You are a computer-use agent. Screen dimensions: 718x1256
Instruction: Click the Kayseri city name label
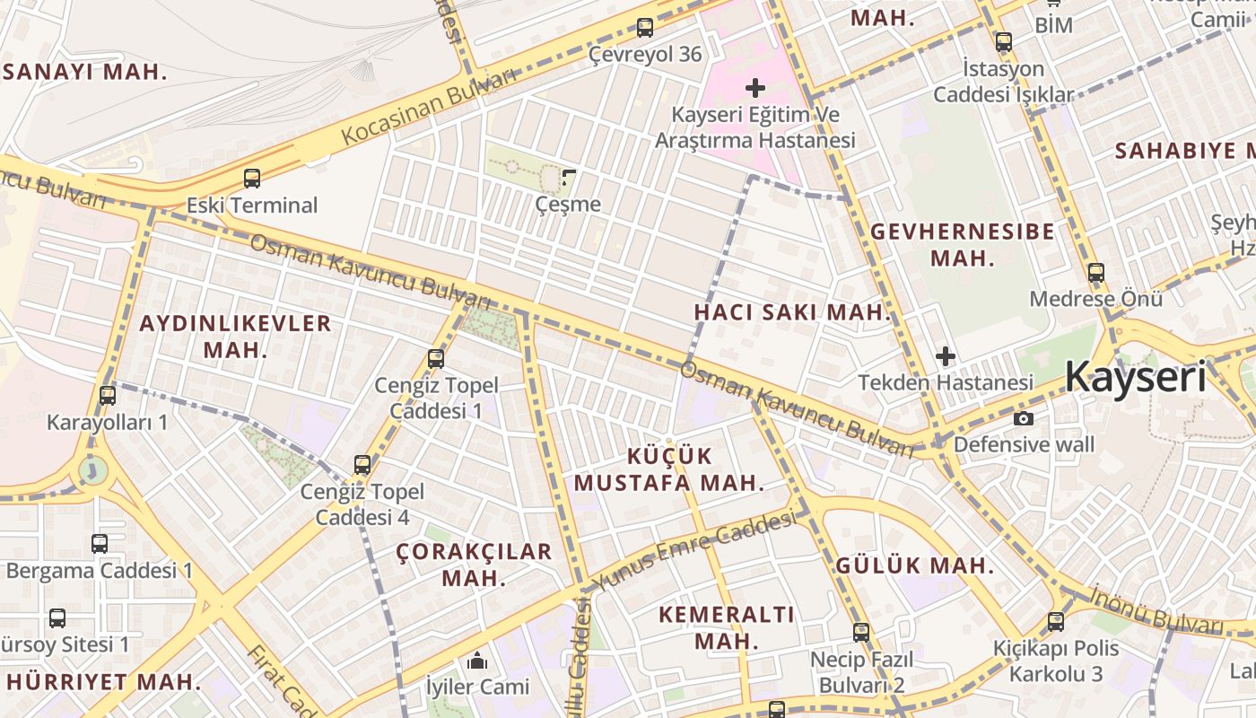point(1136,377)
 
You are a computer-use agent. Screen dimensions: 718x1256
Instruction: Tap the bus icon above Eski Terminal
point(252,178)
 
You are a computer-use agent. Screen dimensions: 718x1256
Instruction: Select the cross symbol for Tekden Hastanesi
point(945,356)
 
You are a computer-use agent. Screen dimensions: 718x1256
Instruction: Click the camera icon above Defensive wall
point(1023,418)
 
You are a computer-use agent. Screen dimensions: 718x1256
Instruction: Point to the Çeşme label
point(568,204)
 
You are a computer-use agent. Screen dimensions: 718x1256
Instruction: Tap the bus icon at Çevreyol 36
point(644,28)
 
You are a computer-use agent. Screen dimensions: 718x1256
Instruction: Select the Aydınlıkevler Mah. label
point(235,336)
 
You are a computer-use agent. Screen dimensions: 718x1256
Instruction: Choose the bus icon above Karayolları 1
point(108,395)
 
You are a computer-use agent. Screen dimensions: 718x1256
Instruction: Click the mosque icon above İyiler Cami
point(477,661)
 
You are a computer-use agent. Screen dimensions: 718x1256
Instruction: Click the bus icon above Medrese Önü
point(1095,273)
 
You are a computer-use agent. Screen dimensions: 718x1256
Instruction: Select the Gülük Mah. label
point(914,565)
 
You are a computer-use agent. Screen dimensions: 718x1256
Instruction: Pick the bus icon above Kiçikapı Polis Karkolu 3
point(1056,621)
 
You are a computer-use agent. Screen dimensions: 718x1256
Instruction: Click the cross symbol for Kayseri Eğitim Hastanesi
point(755,88)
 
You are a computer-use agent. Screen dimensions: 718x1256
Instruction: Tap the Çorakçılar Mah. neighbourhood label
point(474,565)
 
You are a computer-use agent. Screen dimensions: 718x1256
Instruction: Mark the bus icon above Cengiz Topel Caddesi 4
point(362,465)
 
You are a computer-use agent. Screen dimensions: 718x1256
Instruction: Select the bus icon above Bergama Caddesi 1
point(100,543)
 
